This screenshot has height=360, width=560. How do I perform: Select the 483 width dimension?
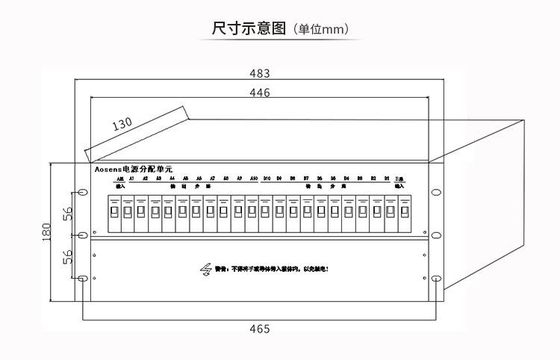[259, 74]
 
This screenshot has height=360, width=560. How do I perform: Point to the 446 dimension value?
[259, 93]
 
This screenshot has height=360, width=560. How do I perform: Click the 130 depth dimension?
[123, 125]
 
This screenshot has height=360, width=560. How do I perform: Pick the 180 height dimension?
[47, 234]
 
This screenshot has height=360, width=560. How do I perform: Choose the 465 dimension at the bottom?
[258, 329]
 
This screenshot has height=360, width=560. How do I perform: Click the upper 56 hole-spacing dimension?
[67, 213]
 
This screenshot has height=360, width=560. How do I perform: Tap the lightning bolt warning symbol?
[205, 269]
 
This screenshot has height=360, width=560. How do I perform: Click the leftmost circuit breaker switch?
[115, 212]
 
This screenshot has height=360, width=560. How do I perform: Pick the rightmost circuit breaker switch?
[404, 212]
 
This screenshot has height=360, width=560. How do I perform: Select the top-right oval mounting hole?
[434, 191]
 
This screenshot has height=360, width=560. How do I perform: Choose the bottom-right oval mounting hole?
[434, 279]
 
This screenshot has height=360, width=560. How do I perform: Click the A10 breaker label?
[253, 179]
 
